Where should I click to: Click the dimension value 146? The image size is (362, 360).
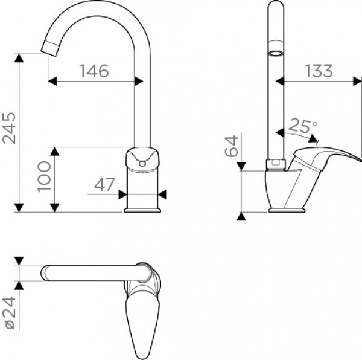[x=94, y=71]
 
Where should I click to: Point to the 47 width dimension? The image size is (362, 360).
[x=104, y=185]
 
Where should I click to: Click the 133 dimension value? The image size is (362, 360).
[x=319, y=71]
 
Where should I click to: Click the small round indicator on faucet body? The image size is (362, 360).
[x=143, y=161]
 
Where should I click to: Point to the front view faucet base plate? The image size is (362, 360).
[x=143, y=210]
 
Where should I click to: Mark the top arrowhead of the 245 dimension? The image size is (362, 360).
[x=19, y=57]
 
